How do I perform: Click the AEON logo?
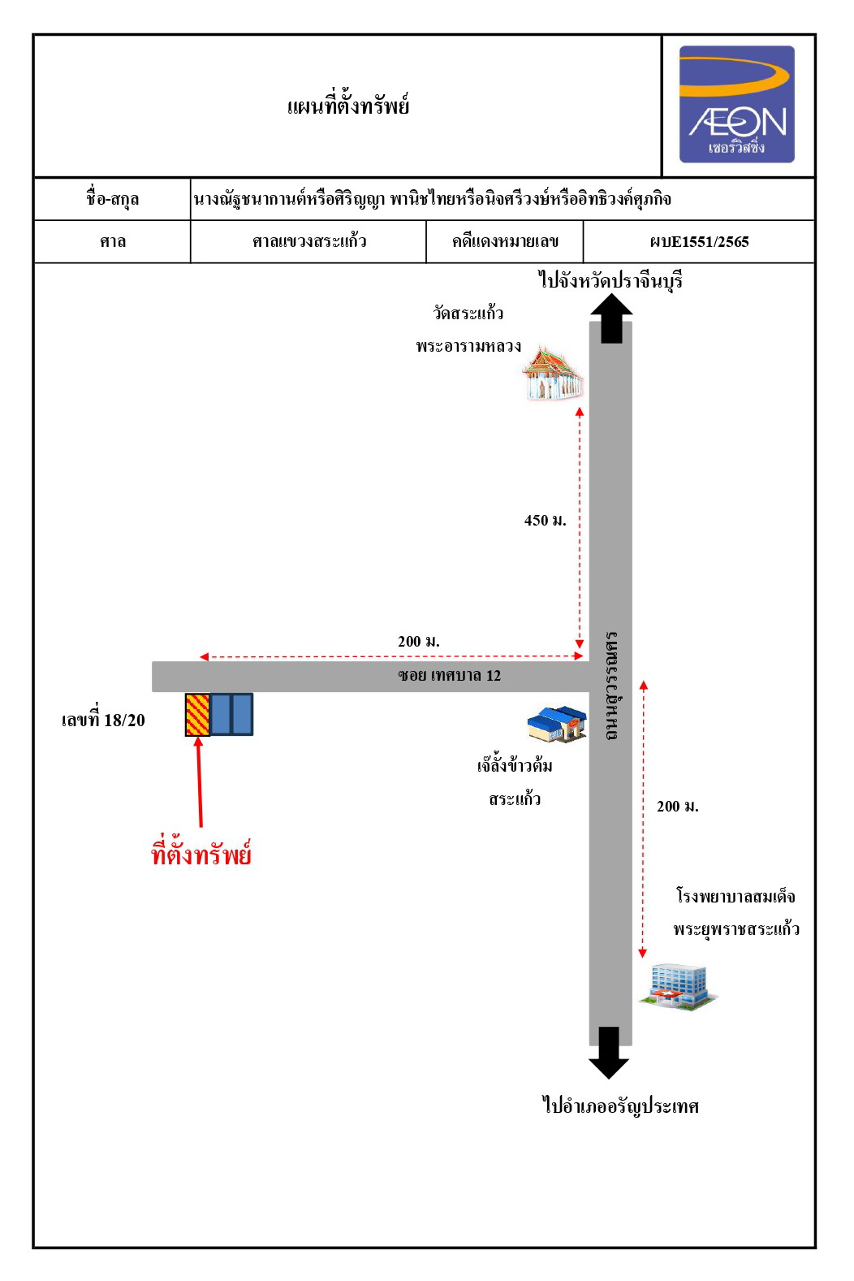click(x=736, y=104)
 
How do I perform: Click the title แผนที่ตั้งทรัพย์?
click(x=348, y=106)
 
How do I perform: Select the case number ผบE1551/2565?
click(x=699, y=242)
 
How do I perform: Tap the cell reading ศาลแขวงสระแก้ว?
click(x=308, y=241)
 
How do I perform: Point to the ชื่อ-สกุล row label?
click(x=113, y=198)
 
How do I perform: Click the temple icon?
click(x=553, y=373)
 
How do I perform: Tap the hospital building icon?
click(x=678, y=986)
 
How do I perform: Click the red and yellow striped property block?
click(x=197, y=714)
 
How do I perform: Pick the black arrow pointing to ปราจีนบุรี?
click(x=611, y=318)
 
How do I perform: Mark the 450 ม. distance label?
click(x=545, y=521)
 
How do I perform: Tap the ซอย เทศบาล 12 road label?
click(x=449, y=676)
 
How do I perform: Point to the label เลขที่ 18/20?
click(x=103, y=720)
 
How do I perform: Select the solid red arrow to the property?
click(x=200, y=781)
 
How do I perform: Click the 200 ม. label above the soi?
click(x=418, y=642)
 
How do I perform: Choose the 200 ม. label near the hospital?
click(x=677, y=807)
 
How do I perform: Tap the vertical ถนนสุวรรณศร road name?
click(x=611, y=686)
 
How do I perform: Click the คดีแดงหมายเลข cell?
click(x=505, y=241)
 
